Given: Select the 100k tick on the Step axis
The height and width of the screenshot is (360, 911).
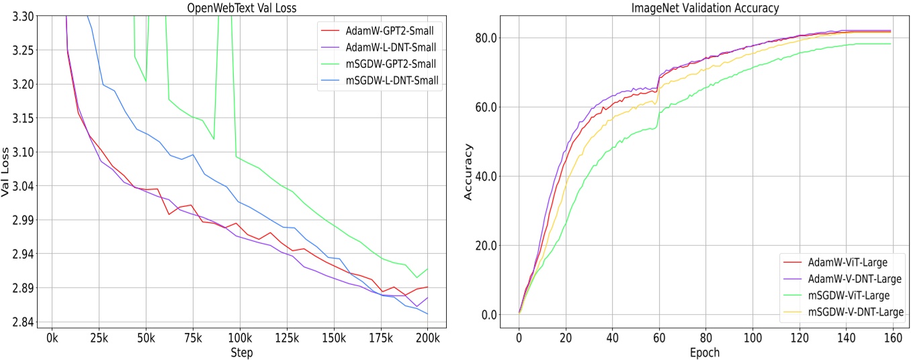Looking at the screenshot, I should [240, 336].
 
